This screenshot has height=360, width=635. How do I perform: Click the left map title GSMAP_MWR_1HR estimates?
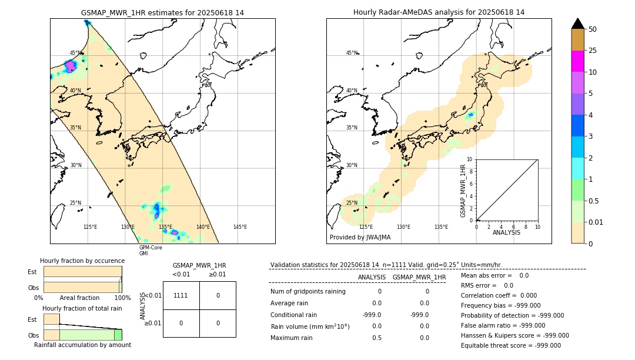(x=162, y=12)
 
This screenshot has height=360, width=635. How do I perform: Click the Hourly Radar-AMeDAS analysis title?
(x=439, y=12)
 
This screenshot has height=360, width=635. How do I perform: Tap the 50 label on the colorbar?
(x=593, y=29)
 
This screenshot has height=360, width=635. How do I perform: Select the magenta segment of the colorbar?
(x=577, y=61)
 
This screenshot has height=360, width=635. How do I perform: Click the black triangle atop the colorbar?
(x=577, y=24)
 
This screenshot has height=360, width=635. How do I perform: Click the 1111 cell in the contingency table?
(x=181, y=295)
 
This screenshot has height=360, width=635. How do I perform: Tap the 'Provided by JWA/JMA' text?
(x=360, y=238)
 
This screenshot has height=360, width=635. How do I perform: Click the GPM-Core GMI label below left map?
(x=151, y=251)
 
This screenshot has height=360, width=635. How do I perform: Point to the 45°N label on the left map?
(x=76, y=53)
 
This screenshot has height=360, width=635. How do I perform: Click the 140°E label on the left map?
(x=203, y=227)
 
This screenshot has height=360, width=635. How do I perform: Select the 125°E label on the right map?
(x=366, y=227)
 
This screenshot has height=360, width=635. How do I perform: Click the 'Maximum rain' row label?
(x=292, y=338)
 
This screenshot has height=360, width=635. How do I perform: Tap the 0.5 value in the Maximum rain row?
(x=376, y=338)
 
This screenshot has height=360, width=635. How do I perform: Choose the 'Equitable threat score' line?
(x=510, y=346)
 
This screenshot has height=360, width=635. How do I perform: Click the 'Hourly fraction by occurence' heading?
(x=82, y=261)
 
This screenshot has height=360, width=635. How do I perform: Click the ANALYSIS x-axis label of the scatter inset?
(x=506, y=233)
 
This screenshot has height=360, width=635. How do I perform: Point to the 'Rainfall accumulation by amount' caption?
(x=82, y=345)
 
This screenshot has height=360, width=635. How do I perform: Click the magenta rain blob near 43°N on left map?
(x=71, y=66)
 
